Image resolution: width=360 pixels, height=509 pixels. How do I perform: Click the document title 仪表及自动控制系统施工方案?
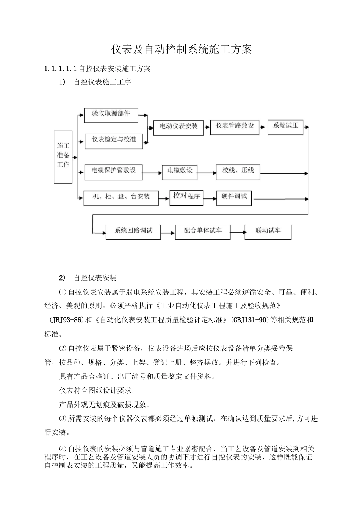182,50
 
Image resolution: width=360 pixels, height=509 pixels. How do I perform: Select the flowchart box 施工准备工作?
63,157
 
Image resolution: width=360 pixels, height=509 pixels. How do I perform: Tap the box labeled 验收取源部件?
111,115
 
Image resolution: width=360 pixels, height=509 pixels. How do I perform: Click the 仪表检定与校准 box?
114,141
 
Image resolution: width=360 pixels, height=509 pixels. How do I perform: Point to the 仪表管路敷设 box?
235,127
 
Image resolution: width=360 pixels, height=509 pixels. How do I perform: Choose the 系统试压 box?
285,127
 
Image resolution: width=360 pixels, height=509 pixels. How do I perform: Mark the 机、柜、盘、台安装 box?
121,197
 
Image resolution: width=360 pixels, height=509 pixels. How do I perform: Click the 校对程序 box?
186,197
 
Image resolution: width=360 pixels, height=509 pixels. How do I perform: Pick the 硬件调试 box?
234,197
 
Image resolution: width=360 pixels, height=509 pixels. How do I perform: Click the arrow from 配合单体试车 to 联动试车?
237,232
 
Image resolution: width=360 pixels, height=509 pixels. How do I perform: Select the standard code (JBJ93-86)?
66,320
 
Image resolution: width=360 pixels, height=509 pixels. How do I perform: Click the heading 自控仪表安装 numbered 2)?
95,278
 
